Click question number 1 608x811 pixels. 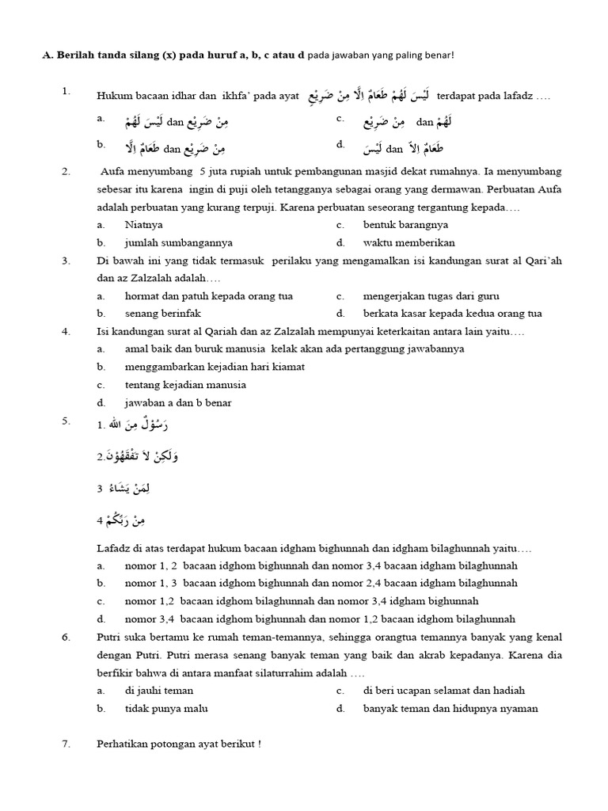tap(66, 92)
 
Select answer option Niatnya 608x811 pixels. tap(143, 225)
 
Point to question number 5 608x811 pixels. tap(66, 421)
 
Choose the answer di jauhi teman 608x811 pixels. tap(158, 691)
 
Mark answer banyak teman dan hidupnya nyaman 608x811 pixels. tap(450, 709)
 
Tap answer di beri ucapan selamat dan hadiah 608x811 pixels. tap(443, 691)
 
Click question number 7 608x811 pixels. tap(66, 744)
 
